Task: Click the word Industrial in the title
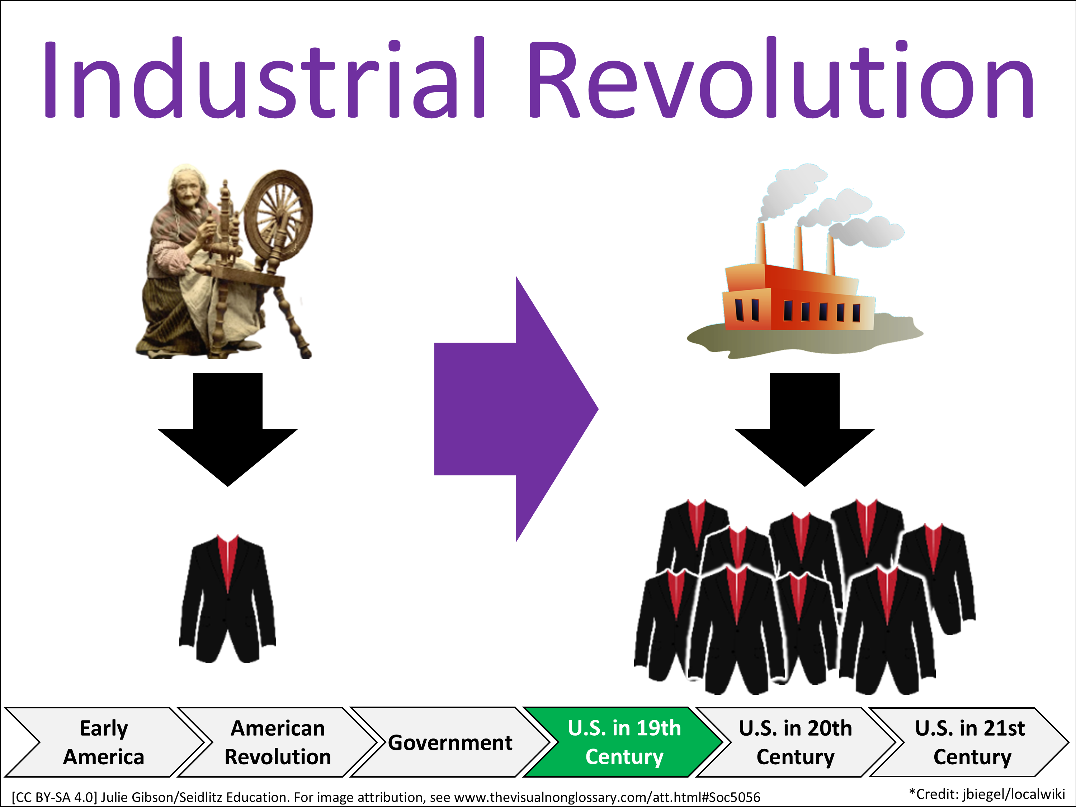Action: point(265,78)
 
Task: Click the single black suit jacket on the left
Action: point(228,598)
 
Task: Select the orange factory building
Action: point(798,297)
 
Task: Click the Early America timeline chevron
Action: point(104,742)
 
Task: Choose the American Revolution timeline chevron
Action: point(277,742)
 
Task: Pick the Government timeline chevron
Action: point(450,742)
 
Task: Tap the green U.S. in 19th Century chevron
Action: point(624,742)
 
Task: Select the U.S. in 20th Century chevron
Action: point(796,742)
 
